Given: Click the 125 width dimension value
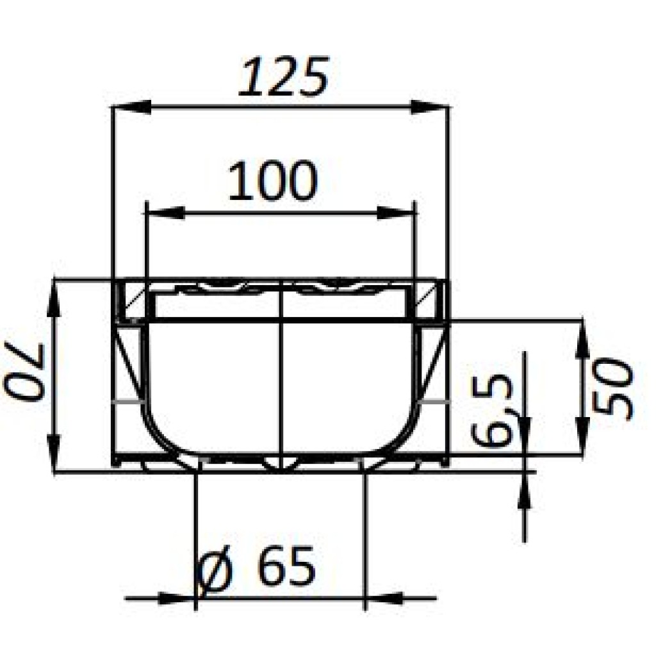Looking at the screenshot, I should point(284,78).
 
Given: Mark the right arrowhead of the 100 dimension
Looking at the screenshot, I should point(398,213).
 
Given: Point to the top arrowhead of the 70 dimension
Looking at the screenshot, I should point(54,299).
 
